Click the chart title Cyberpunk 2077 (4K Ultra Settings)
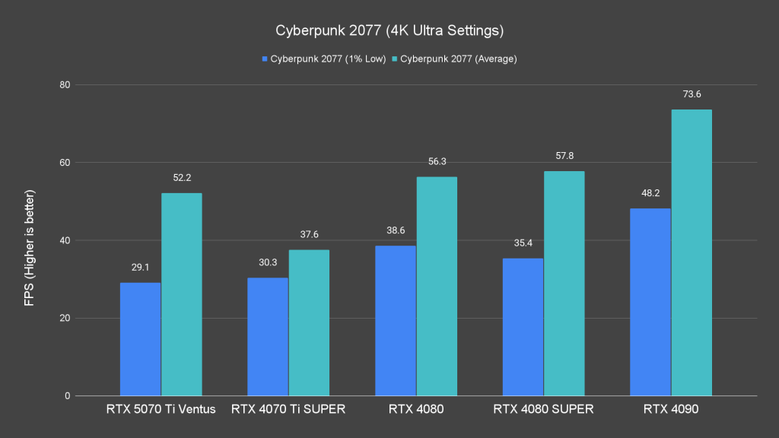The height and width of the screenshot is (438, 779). point(389,31)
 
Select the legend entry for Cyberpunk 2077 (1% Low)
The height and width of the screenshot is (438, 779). point(324,59)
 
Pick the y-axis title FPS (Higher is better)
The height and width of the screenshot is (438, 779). point(29,240)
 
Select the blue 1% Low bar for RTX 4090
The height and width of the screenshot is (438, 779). point(650,302)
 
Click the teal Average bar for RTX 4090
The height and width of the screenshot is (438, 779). point(691,252)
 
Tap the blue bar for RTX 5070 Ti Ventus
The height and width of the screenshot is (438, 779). point(140,339)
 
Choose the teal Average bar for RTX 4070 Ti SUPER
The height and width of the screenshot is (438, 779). point(309,322)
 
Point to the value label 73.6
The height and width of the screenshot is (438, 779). point(691,94)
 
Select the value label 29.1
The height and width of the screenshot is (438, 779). point(140,268)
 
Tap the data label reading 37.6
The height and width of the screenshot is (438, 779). point(309,234)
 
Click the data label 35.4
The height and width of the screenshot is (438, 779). point(523,243)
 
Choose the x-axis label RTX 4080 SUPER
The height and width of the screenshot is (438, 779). point(543,410)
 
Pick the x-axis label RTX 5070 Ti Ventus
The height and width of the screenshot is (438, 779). point(161,410)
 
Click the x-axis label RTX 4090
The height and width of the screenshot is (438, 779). point(670,410)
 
